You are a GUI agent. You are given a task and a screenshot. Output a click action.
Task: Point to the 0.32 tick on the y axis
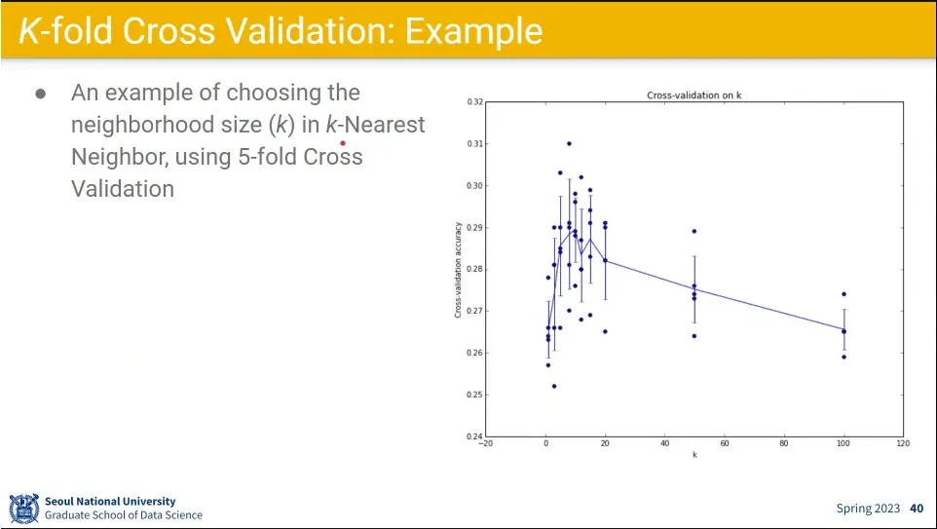tap(475, 101)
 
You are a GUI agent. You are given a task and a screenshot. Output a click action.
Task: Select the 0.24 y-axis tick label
tap(475, 436)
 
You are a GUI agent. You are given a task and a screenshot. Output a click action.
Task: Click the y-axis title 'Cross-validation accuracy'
tap(458, 269)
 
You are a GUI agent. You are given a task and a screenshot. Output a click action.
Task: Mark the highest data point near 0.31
tap(569, 143)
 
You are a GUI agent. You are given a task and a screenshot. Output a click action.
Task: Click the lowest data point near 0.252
tap(554, 386)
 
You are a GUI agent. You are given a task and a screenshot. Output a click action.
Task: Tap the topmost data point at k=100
tap(843, 294)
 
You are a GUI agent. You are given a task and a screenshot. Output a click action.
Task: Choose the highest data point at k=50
tap(694, 231)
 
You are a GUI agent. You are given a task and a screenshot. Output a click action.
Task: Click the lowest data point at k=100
tap(843, 357)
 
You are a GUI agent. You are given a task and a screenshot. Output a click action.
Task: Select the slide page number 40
tap(917, 509)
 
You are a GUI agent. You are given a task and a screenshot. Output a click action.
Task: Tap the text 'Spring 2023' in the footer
tap(868, 509)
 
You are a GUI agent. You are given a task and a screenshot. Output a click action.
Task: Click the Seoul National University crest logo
tap(23, 508)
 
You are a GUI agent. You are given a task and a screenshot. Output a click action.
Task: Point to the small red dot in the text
tap(343, 142)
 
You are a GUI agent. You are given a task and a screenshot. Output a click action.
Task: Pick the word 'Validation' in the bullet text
tap(123, 188)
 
